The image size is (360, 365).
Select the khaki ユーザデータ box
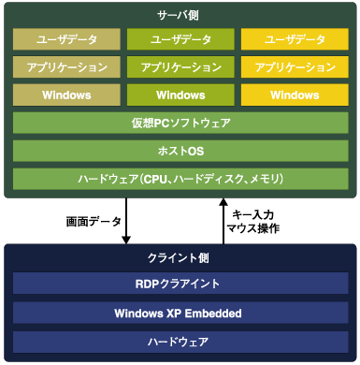coord(65,39)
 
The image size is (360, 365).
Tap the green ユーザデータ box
coord(180,39)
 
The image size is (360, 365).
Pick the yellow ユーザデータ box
coord(295,39)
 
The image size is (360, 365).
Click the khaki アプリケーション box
coord(65,67)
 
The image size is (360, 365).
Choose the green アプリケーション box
coord(180,67)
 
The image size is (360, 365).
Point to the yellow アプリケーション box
coord(295,67)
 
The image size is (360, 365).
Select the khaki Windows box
coord(65,95)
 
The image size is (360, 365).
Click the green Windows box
coord(180,95)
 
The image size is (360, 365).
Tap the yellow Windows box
coord(295,95)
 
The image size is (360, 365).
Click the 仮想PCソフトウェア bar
coord(180,124)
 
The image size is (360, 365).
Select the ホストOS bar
coord(180,151)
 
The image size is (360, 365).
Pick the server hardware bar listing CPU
coord(180,178)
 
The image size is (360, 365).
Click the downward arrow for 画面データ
coord(126,219)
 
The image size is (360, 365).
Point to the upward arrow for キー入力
coord(223,219)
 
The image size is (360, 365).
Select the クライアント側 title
coord(180,257)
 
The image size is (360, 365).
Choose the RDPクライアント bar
coord(180,285)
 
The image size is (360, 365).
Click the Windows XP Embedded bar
coord(180,313)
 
